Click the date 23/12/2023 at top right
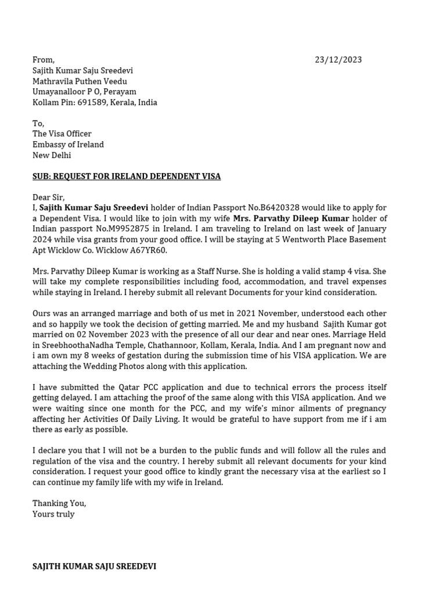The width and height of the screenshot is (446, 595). pyautogui.click(x=338, y=60)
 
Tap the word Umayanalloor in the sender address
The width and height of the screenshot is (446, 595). pyautogui.click(x=60, y=92)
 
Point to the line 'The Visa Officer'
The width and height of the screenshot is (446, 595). pyautogui.click(x=62, y=134)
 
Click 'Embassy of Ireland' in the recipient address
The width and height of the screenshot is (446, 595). pyautogui.click(x=68, y=145)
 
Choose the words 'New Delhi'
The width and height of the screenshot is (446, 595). pyautogui.click(x=52, y=155)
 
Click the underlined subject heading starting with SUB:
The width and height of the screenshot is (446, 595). pyautogui.click(x=127, y=176)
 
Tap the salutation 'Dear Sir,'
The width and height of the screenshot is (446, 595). pyautogui.click(x=49, y=198)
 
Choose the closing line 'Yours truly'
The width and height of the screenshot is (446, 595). pyautogui.click(x=53, y=514)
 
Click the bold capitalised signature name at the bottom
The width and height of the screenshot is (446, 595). pyautogui.click(x=94, y=566)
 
